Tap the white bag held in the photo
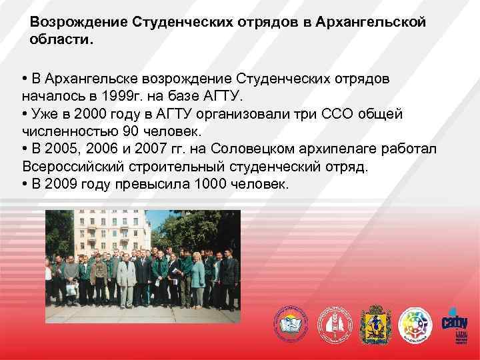71,289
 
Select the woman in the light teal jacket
197,277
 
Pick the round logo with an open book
291,325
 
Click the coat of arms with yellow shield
373,325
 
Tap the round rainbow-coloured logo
415,325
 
